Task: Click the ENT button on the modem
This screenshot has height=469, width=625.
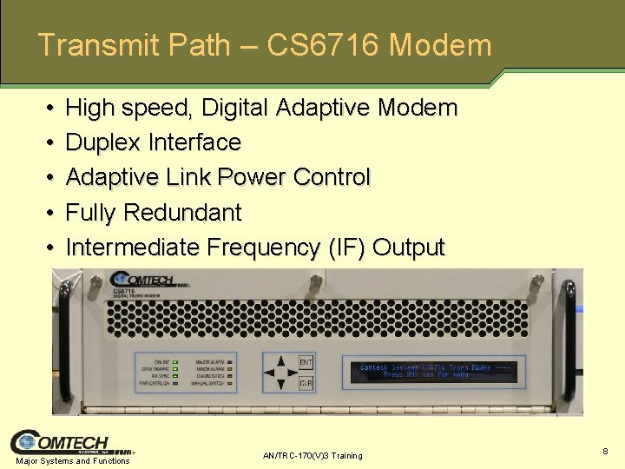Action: coord(306,363)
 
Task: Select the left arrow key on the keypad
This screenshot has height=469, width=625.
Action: coord(269,373)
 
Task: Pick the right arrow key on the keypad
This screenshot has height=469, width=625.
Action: coord(292,373)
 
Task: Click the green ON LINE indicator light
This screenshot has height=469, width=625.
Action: coord(174,360)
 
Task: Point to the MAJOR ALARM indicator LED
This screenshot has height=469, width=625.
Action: coord(230,360)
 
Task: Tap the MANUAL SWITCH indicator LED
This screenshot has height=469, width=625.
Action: coord(230,382)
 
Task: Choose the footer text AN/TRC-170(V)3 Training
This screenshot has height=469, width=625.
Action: coord(312,456)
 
